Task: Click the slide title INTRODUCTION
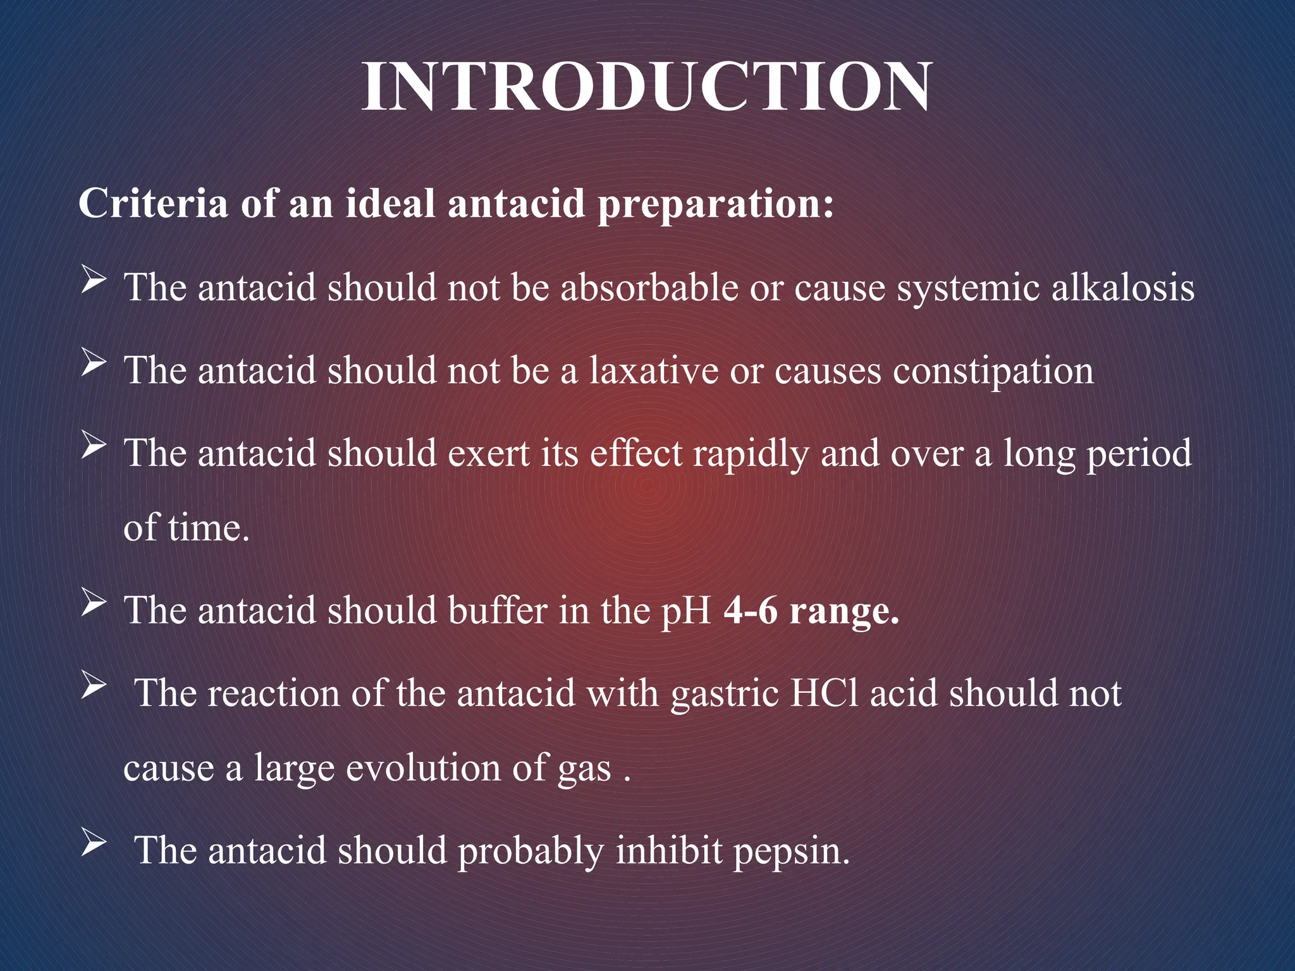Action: pos(646,87)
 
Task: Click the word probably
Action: pos(531,851)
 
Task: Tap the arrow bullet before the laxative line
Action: pos(93,364)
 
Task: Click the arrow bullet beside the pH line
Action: pos(93,604)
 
